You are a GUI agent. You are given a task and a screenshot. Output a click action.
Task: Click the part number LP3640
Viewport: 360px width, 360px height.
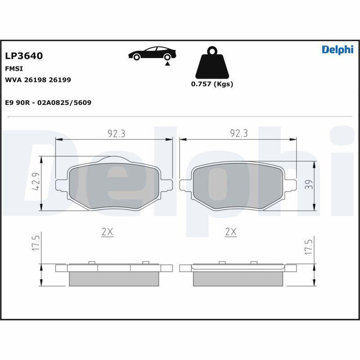(x=23, y=56)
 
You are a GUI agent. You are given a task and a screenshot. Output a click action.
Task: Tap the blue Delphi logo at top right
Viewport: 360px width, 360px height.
(x=337, y=50)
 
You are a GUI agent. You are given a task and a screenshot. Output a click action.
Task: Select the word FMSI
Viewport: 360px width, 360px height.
(x=13, y=69)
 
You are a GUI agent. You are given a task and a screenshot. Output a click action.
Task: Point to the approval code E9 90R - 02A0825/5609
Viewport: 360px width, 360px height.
(x=48, y=103)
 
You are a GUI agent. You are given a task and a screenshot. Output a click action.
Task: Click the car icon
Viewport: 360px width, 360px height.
(x=152, y=53)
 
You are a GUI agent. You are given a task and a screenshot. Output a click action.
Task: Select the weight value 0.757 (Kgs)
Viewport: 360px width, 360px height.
(x=212, y=84)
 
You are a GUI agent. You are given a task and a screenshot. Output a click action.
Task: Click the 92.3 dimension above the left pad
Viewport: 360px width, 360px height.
(x=116, y=133)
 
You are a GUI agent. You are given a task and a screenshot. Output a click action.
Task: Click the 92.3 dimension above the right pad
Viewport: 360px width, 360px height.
(x=239, y=133)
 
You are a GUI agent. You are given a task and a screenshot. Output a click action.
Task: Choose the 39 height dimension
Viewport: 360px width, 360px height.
(x=307, y=184)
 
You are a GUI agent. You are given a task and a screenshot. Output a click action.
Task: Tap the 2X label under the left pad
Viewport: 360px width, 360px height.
(x=107, y=232)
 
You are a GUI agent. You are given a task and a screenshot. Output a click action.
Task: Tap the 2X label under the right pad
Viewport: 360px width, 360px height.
(x=230, y=232)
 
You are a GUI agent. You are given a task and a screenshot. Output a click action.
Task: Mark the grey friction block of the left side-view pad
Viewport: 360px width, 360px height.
(x=114, y=279)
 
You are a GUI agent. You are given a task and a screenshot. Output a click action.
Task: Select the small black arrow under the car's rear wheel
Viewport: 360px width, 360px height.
(x=167, y=64)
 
